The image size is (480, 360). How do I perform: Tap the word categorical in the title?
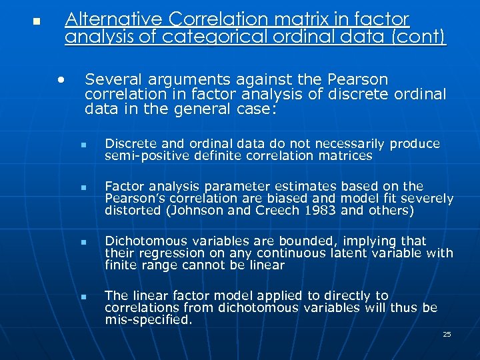pos(204,37)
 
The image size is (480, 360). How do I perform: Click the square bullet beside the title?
pos(37,22)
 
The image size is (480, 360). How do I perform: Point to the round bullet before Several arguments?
pos(61,79)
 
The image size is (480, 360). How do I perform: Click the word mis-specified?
pos(148,320)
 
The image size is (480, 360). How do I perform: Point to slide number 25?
pos(447,334)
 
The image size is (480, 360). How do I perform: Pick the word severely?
pos(431,199)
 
